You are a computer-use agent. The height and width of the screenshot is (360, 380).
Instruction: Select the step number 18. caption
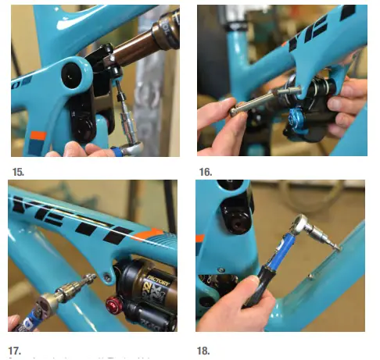(204, 351)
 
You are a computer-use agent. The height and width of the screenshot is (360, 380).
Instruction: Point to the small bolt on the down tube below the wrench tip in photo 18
(310, 275)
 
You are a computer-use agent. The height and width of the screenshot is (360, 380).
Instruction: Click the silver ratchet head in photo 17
(56, 299)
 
